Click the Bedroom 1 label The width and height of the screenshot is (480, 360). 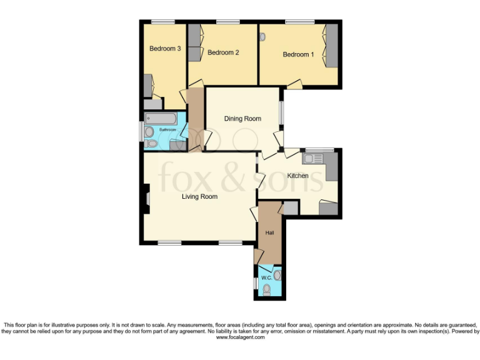click(x=298, y=54)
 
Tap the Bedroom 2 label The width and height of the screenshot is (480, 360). click(x=223, y=52)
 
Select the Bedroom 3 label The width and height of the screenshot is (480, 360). click(x=165, y=48)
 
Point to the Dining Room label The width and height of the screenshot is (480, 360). click(x=242, y=118)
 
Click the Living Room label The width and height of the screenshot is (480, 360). click(x=199, y=196)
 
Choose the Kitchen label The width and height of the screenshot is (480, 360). click(x=297, y=176)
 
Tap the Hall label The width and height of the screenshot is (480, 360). click(x=270, y=232)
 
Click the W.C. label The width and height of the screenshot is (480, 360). click(x=265, y=277)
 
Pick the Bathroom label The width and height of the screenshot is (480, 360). click(x=167, y=130)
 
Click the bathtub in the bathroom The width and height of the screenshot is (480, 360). click(x=161, y=118)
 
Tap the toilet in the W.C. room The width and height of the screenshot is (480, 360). click(x=267, y=289)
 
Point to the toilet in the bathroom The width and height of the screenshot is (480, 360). click(x=151, y=144)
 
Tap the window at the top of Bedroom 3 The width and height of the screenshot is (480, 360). click(x=163, y=22)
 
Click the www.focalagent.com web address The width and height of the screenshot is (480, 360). click(x=240, y=337)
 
